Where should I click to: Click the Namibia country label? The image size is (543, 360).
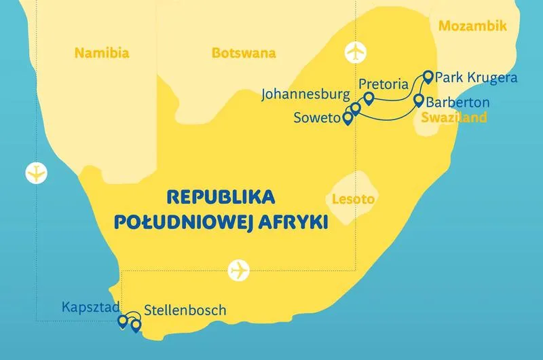pos(102,53)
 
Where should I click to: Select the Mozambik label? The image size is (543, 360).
pos(473,26)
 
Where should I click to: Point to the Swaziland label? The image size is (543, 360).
pos(453,118)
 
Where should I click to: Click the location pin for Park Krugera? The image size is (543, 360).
pos(428,76)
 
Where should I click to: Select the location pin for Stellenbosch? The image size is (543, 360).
pos(135,326)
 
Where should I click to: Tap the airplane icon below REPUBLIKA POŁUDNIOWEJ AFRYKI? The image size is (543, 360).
pos(239,270)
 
